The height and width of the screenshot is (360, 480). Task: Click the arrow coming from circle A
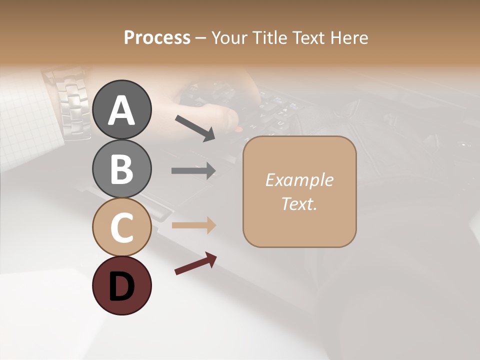(195, 128)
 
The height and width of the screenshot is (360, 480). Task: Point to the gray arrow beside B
(193, 170)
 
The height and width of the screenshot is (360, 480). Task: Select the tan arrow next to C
(193, 225)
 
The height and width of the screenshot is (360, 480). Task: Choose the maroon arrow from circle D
(195, 263)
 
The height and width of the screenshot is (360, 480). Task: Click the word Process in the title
(157, 38)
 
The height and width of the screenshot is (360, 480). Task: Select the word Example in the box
(299, 180)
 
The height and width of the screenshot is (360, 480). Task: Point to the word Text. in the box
(299, 203)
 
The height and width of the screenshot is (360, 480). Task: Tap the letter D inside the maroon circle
(121, 287)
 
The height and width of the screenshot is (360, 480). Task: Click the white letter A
(121, 110)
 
